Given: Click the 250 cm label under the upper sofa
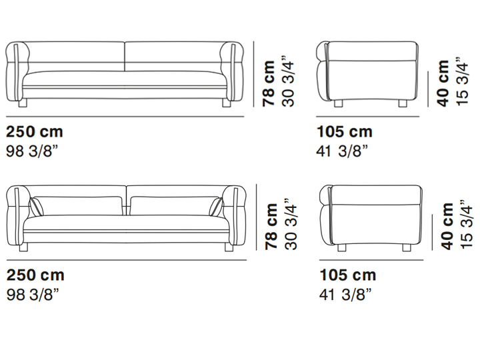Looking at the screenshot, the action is click(35, 131).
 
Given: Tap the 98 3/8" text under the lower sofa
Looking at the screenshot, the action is click(33, 295).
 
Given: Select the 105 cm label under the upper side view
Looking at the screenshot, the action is click(345, 131).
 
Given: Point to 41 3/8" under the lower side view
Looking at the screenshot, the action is click(345, 295).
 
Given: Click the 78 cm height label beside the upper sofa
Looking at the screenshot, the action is click(269, 83).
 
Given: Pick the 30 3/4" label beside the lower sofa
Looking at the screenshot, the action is click(291, 224).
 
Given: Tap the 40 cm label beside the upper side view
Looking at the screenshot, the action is click(443, 83).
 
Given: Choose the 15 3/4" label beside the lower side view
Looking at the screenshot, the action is click(466, 224).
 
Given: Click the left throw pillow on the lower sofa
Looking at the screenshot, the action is click(37, 207).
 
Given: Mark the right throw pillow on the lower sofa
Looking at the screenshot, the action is click(216, 207).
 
